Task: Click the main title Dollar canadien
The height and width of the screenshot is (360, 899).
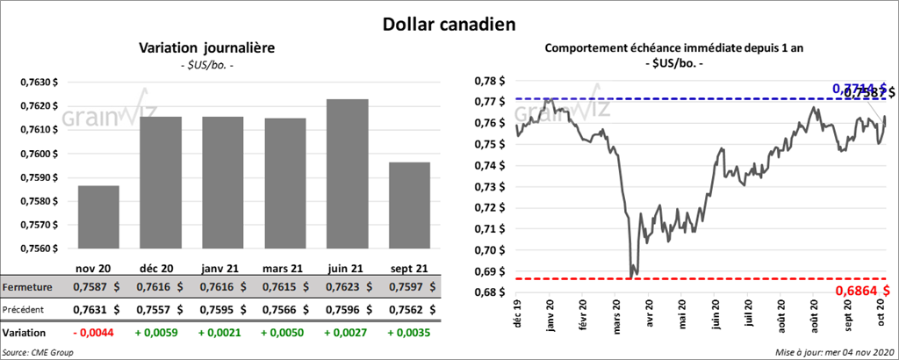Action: pos(449,24)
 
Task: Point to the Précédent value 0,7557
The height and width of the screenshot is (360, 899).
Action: pos(159,310)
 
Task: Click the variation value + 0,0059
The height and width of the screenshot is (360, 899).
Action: pos(159,334)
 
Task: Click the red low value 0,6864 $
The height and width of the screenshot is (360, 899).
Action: pos(862,290)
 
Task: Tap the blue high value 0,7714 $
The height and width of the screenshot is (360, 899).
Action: pos(856,88)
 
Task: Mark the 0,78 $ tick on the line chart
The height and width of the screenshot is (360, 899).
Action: pos(490,81)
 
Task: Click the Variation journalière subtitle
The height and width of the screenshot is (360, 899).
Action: pos(207,49)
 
